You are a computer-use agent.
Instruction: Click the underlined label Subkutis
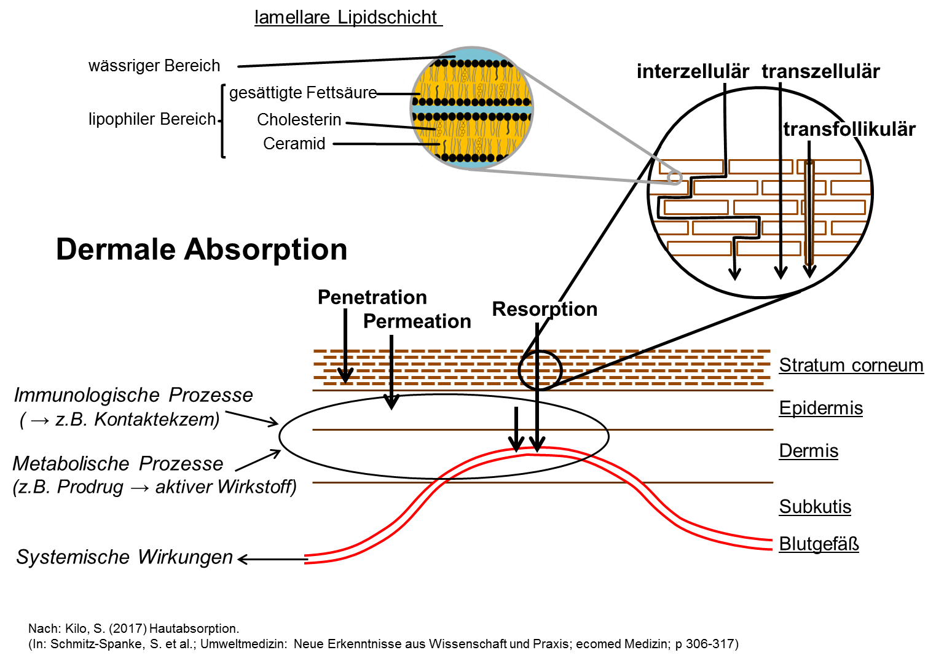click(815, 507)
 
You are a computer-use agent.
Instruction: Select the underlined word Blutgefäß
click(819, 544)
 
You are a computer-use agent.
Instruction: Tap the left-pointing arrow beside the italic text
click(270, 559)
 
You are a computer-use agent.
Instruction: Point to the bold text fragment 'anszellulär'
click(831, 72)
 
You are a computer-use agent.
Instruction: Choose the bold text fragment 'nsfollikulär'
click(863, 130)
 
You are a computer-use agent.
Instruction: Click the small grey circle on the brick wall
click(675, 178)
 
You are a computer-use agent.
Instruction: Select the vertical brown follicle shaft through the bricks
click(809, 212)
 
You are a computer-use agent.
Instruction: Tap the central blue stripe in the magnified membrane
click(471, 109)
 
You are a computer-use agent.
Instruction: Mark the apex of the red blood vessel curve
click(538, 450)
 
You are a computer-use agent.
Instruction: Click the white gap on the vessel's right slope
click(634, 482)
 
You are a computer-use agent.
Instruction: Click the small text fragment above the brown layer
click(553, 309)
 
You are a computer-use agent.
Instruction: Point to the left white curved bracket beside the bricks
click(656, 241)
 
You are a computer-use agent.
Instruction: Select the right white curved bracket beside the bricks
click(867, 241)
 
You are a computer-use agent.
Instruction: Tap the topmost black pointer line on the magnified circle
click(438, 58)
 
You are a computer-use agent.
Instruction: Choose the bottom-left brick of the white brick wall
click(699, 248)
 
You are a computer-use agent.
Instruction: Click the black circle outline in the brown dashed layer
click(540, 370)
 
